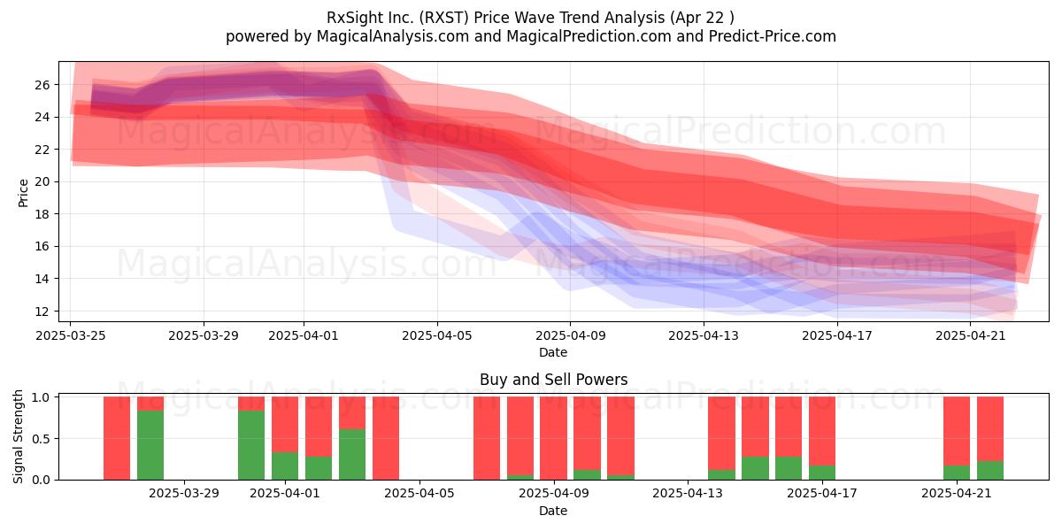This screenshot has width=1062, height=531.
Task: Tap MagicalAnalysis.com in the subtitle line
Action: click(x=393, y=36)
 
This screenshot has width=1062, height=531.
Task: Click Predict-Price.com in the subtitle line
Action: click(x=773, y=36)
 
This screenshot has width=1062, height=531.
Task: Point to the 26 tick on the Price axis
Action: click(x=42, y=85)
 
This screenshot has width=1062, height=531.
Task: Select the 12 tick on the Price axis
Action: click(x=42, y=311)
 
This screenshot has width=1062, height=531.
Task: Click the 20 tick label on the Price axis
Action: click(x=42, y=181)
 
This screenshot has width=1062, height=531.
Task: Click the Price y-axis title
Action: click(x=23, y=193)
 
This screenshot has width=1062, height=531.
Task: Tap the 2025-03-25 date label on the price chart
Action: click(x=71, y=335)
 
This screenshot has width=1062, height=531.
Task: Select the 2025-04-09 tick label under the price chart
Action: click(x=570, y=335)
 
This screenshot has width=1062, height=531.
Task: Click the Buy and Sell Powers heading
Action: click(x=553, y=380)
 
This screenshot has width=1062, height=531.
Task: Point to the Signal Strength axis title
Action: click(x=18, y=436)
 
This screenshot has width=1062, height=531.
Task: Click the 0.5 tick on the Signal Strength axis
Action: click(x=42, y=439)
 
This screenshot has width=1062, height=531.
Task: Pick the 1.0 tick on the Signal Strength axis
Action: click(x=42, y=397)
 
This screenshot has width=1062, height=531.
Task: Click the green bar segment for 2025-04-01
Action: click(x=285, y=466)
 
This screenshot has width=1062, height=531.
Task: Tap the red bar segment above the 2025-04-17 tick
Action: click(x=822, y=431)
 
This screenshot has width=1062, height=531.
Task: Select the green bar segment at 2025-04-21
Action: click(x=957, y=473)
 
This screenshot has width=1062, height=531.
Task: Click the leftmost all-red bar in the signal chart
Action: click(x=117, y=438)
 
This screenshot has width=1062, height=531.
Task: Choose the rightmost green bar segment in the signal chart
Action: click(x=990, y=470)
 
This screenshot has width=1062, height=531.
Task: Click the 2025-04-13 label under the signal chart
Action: click(x=688, y=494)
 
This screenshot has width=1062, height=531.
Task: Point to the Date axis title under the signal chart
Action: click(x=553, y=511)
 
